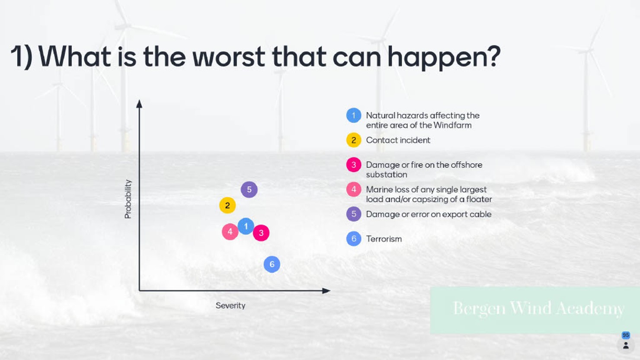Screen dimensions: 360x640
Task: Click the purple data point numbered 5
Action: coord(249,189)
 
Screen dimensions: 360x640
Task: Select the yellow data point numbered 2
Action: coord(227,205)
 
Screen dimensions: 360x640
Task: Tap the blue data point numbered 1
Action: coord(246,226)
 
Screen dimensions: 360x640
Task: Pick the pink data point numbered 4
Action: coord(230,232)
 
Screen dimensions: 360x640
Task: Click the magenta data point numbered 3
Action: coord(261,233)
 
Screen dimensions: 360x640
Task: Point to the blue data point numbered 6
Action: coord(272,264)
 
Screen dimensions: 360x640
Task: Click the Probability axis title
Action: coord(128,199)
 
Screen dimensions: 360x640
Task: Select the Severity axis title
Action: coord(230,306)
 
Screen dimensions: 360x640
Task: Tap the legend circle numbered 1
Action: coord(354,115)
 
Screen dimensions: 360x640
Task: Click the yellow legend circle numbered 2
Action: coord(354,140)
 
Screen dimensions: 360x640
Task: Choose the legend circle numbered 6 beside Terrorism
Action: coord(354,239)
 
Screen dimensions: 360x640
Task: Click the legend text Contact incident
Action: coord(398,140)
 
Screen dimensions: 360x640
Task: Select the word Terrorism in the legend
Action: coord(384,239)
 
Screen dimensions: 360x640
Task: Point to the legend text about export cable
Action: coord(429,214)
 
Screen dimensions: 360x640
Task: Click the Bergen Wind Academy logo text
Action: coord(538,309)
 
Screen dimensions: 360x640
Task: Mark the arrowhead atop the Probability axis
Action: coord(139,104)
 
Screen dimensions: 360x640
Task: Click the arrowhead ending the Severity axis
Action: coord(326,291)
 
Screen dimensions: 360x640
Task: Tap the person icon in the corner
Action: coord(626,345)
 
